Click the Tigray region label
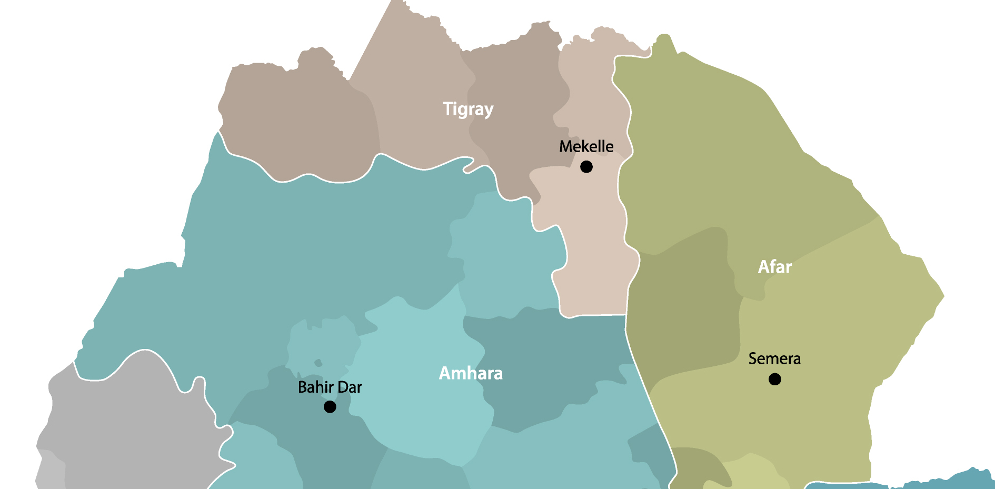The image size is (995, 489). pyautogui.click(x=468, y=109)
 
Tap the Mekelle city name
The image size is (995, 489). pyautogui.click(x=586, y=146)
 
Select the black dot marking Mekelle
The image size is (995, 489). pyautogui.click(x=586, y=167)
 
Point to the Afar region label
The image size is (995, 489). pyautogui.click(x=774, y=267)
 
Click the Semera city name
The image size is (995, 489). pyautogui.click(x=774, y=359)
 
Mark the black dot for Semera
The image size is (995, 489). pyautogui.click(x=774, y=379)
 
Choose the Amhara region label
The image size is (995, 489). pyautogui.click(x=471, y=373)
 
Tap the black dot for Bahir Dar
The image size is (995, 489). pyautogui.click(x=330, y=407)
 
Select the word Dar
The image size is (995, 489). pyautogui.click(x=349, y=387)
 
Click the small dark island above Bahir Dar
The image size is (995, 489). pyautogui.click(x=318, y=363)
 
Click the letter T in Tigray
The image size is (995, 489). pyautogui.click(x=447, y=109)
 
